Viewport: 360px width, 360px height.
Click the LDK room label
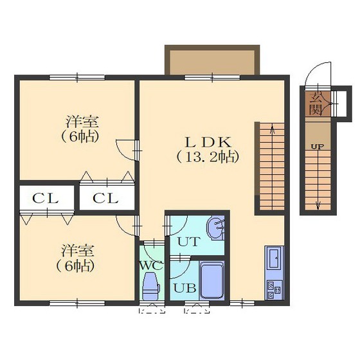pyautogui.click(x=208, y=142)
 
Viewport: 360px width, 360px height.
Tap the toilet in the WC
pyautogui.click(x=151, y=285)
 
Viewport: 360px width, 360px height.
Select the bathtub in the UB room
pyautogui.click(x=212, y=280)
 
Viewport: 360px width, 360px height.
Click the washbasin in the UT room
pyautogui.click(x=215, y=228)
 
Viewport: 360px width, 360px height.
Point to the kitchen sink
pyautogui.click(x=274, y=258)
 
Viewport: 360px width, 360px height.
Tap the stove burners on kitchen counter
pyautogui.click(x=274, y=290)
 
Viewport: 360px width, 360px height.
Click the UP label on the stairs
pyautogui.click(x=318, y=147)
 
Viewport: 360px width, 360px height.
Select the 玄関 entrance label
pyautogui.click(x=315, y=104)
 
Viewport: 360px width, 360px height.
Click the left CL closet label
pyautogui.click(x=45, y=198)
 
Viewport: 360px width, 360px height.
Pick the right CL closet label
pyautogui.click(x=105, y=198)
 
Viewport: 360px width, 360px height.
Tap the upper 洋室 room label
pyautogui.click(x=82, y=122)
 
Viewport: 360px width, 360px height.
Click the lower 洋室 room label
pyautogui.click(x=78, y=251)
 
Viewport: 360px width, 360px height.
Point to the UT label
pyautogui.click(x=189, y=242)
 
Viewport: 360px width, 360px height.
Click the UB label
pyautogui.click(x=184, y=288)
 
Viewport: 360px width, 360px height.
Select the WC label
pyautogui.click(x=152, y=266)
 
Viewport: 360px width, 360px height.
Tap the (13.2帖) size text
pyautogui.click(x=208, y=157)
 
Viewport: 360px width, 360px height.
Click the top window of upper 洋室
pyautogui.click(x=77, y=77)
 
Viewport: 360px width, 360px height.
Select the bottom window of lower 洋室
pyautogui.click(x=77, y=303)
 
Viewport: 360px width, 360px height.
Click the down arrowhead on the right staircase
pyautogui.click(x=318, y=205)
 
